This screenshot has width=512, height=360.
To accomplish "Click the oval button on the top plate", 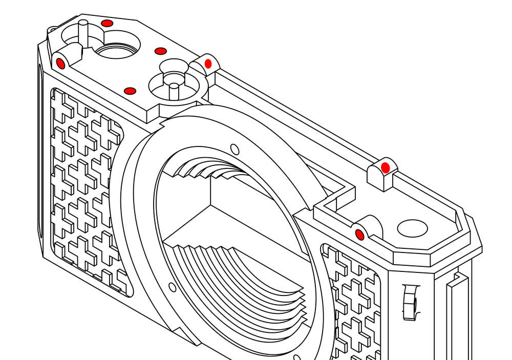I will click(412, 228).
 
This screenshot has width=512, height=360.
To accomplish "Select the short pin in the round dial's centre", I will click(174, 91).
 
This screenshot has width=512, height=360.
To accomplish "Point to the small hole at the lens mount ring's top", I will click(235, 149).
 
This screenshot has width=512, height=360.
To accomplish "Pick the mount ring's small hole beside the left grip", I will click(173, 287).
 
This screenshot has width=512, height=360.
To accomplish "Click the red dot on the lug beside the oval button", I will click(360, 235).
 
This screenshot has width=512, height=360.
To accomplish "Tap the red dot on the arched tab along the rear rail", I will click(386, 167).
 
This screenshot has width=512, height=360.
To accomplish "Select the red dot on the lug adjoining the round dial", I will click(208, 63).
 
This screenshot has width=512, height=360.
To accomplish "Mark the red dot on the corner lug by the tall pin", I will click(60, 63).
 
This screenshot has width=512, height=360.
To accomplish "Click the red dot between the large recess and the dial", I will click(160, 51).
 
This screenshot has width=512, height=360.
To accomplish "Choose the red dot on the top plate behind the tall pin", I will click(107, 23).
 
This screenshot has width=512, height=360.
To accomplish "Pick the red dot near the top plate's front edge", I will click(130, 91).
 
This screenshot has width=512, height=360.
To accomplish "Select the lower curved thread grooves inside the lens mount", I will click(241, 277).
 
